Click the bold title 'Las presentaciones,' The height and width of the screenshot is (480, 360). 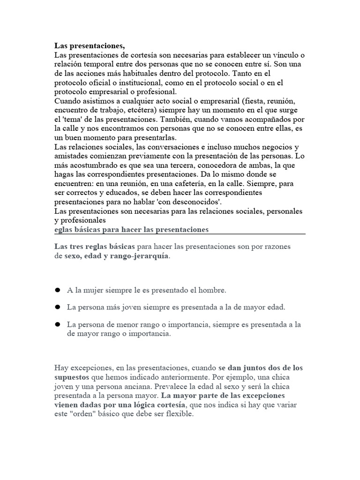[x=90, y=46]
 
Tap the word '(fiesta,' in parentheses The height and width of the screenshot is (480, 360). [x=247, y=101]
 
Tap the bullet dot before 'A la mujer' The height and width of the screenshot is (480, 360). [x=58, y=290]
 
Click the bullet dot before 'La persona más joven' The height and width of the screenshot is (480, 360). [x=58, y=307]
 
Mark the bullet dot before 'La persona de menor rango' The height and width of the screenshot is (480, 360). [x=58, y=324]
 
